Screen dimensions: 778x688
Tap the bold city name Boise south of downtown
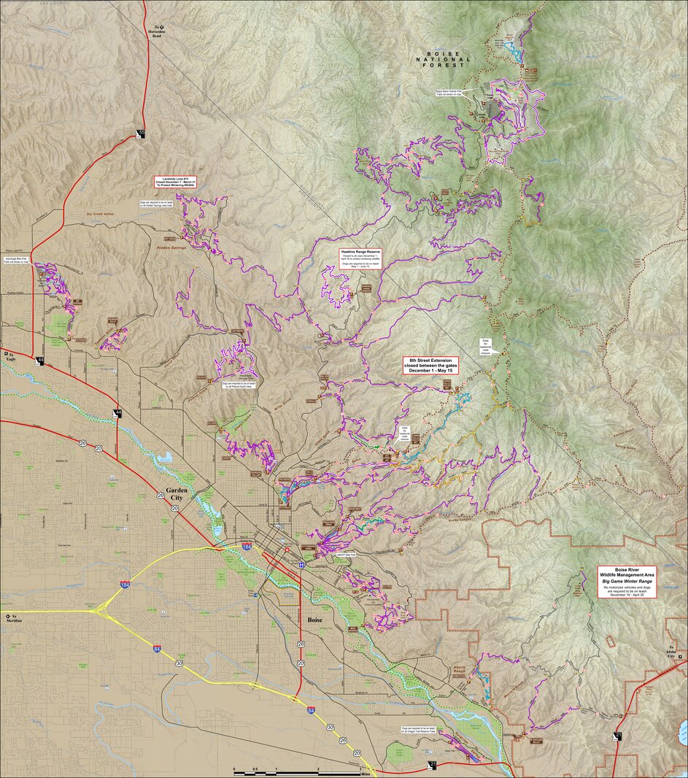tap(314, 619)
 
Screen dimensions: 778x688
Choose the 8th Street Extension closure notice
tap(433, 366)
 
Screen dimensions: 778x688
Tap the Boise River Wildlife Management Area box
tap(626, 582)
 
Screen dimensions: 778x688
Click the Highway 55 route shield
tap(140, 134)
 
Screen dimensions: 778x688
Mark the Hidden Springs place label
tap(170, 248)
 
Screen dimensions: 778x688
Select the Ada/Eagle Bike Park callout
tap(16, 260)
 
